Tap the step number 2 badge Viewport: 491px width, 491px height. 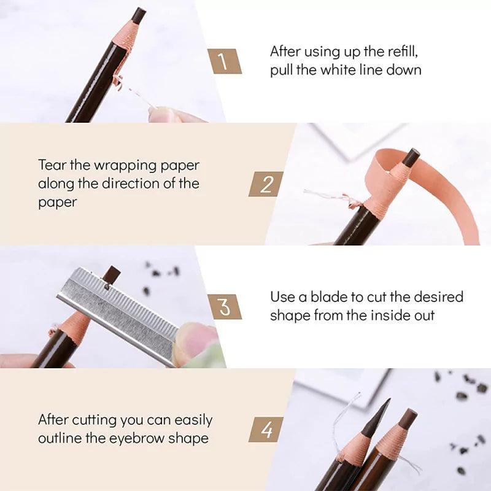[265, 184]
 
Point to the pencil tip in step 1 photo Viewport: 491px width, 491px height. [139, 14]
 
